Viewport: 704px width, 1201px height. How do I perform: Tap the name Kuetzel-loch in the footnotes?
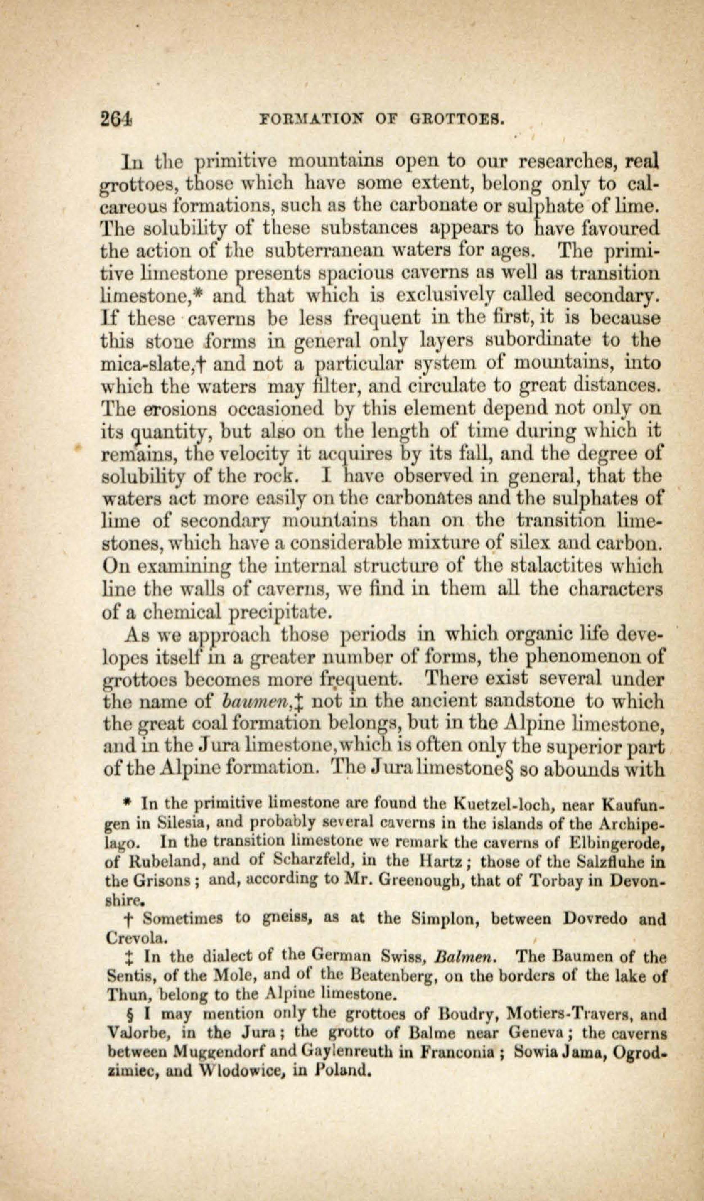[x=506, y=805]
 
